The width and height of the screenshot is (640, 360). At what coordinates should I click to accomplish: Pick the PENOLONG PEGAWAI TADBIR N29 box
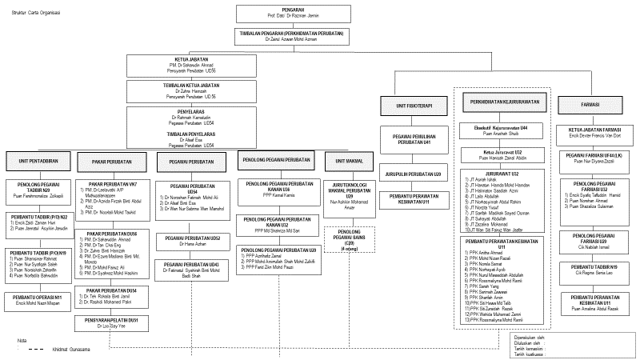point(38,190)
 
